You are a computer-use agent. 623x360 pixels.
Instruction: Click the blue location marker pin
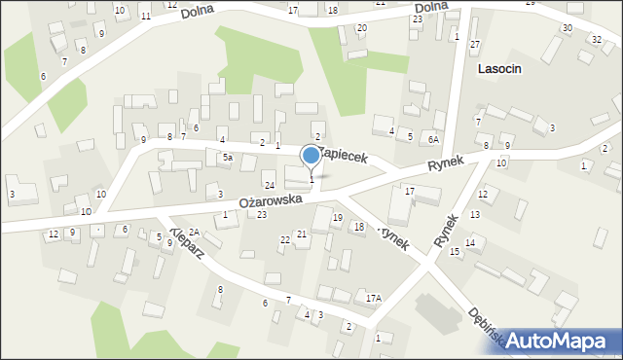(x=311, y=156)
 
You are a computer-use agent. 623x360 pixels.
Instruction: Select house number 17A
(x=373, y=298)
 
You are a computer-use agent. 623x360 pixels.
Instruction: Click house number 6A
(x=434, y=139)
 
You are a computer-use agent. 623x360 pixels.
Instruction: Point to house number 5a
(x=227, y=157)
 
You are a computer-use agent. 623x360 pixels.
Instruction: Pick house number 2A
(x=194, y=232)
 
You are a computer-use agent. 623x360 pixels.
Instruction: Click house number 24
(x=270, y=185)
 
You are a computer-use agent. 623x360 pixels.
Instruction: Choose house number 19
(x=337, y=218)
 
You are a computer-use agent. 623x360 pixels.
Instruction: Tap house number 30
(x=567, y=27)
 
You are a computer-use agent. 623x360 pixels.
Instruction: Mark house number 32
(x=596, y=38)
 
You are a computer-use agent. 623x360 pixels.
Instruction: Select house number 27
(x=475, y=45)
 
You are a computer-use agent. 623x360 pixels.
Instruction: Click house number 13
(x=476, y=214)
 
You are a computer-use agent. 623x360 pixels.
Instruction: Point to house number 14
(x=469, y=242)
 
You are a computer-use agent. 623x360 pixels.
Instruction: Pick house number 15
(x=455, y=252)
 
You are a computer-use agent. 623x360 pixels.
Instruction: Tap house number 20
(x=362, y=27)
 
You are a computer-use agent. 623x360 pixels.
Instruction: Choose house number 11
(x=145, y=17)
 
